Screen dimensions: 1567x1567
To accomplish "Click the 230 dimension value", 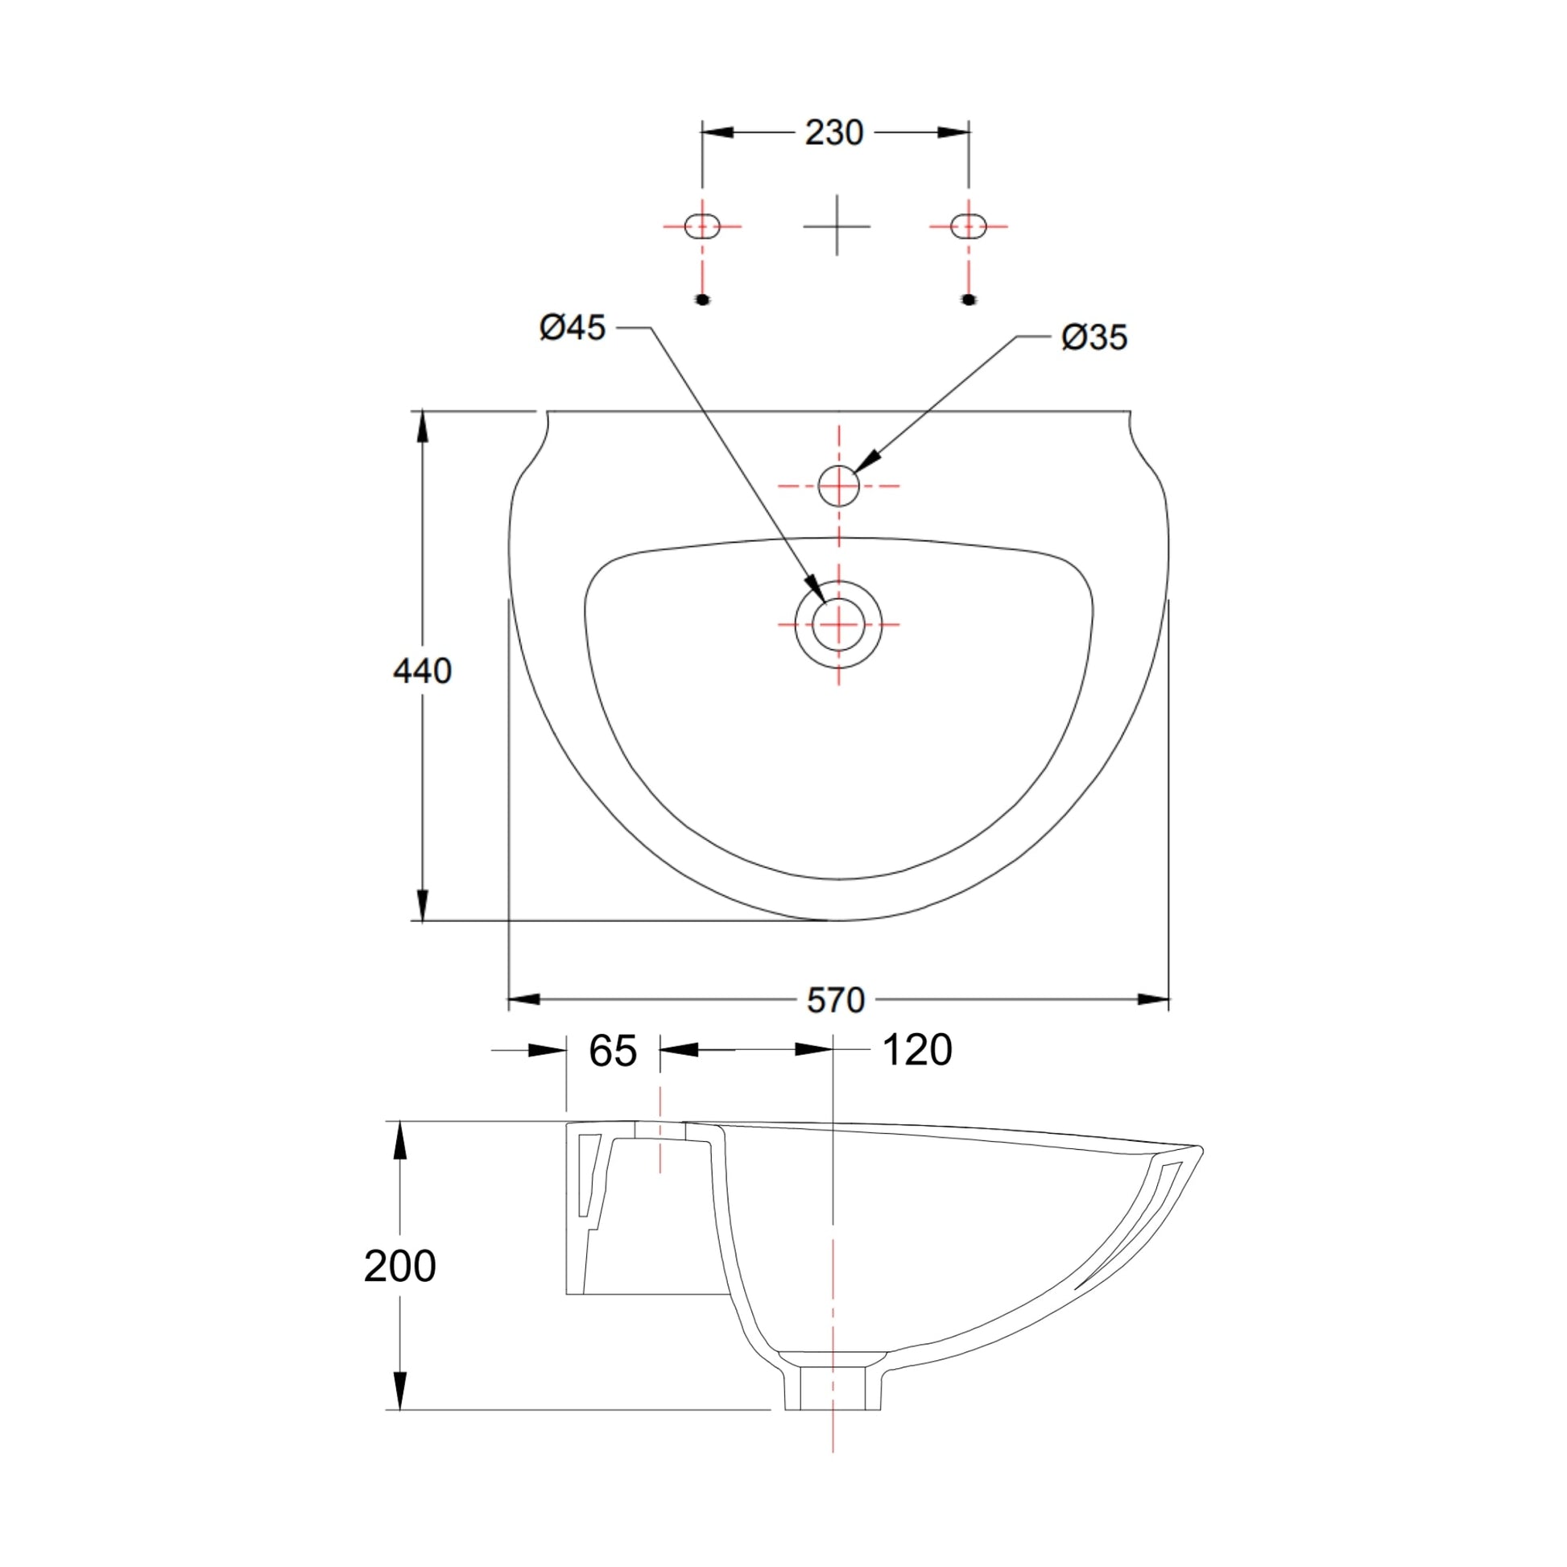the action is [x=833, y=132].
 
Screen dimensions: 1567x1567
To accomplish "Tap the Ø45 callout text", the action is [x=573, y=328].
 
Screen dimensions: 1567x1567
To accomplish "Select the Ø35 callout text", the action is [x=1094, y=337].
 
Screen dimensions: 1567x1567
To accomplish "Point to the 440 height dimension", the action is [x=422, y=671].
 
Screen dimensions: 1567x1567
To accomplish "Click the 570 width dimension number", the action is [x=836, y=1001].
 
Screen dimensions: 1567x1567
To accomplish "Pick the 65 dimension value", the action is [x=613, y=1051].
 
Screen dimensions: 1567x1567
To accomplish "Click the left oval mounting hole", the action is [x=702, y=225].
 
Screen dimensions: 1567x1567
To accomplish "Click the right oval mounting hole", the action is [x=969, y=225].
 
